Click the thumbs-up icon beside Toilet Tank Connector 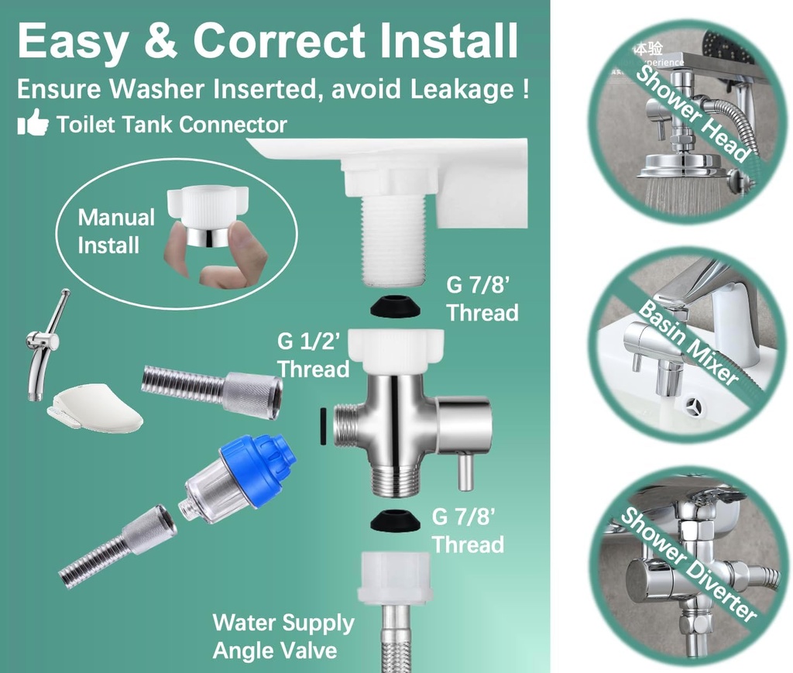point(33,124)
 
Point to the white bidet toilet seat point(94,407)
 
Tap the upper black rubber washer point(396,308)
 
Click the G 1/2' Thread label point(314,354)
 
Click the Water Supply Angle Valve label point(283,635)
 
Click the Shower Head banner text point(693,112)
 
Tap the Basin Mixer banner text point(688,341)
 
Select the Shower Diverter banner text point(688,564)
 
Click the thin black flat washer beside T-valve point(321,427)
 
